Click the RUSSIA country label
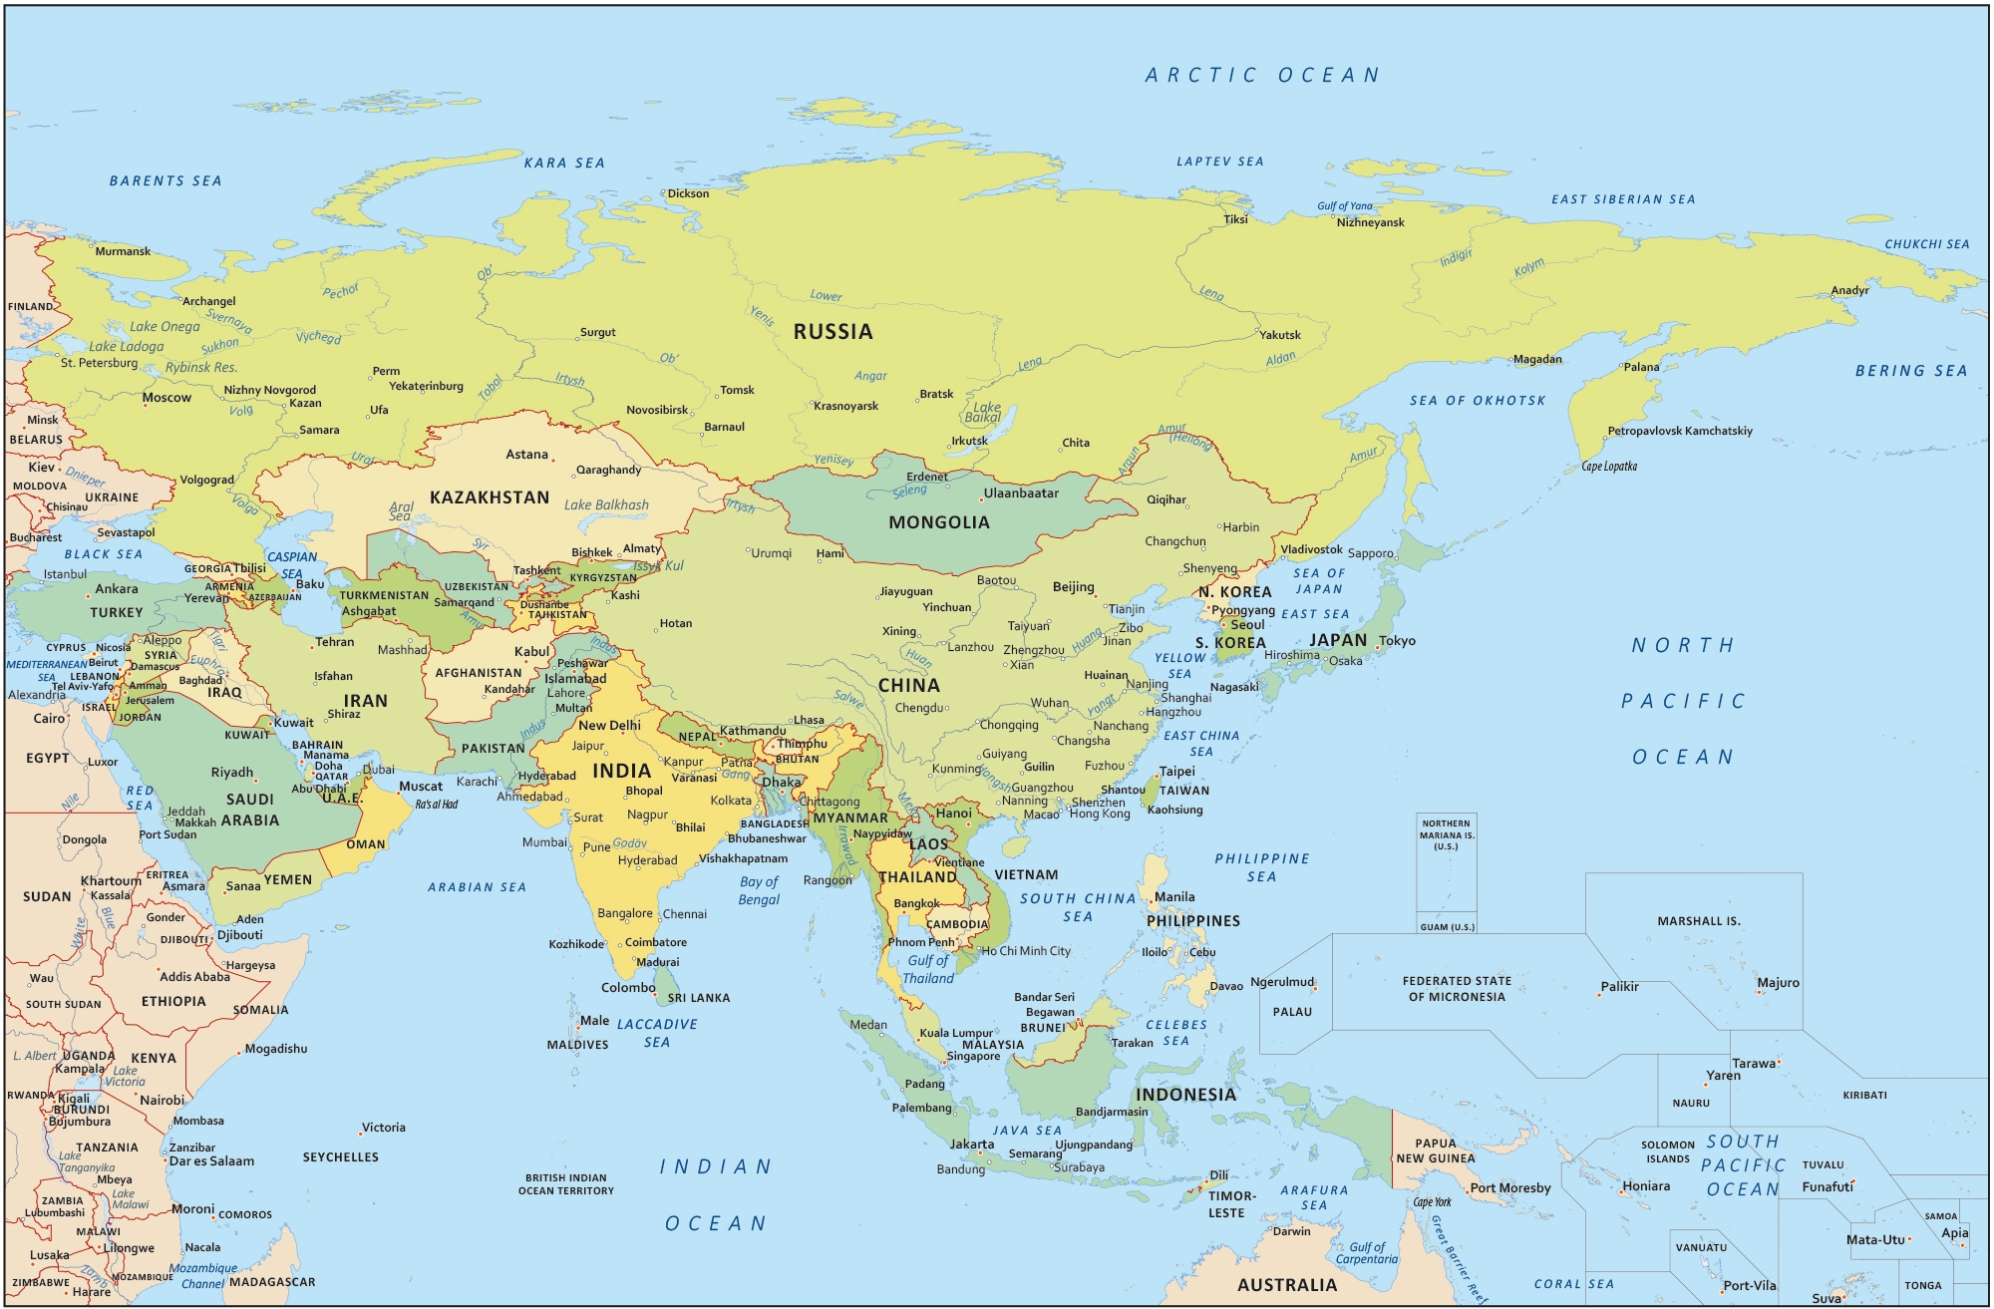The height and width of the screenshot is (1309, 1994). point(832,332)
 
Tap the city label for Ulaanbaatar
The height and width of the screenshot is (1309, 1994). point(1021,493)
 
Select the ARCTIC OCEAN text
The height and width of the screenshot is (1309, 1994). point(1262,76)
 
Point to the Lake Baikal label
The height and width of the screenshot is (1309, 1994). point(986,412)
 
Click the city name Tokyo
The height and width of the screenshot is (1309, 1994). point(1397,641)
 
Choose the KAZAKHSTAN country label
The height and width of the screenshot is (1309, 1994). point(490,497)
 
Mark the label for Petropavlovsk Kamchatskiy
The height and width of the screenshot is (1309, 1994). point(1679,431)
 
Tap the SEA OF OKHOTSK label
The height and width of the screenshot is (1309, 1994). point(1477,401)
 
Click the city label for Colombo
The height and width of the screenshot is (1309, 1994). point(628,988)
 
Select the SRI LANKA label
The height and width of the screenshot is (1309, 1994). point(699,998)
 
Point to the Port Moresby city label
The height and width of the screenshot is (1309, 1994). point(1510,1188)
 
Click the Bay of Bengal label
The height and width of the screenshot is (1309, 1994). point(759,890)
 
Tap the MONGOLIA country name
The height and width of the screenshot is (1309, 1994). point(939,522)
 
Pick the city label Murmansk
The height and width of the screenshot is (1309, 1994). point(123,251)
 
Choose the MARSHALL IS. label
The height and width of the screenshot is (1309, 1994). point(1699,921)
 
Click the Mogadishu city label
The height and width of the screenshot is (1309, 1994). point(276,1049)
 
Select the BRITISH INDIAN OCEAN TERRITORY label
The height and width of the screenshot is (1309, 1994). point(565,1184)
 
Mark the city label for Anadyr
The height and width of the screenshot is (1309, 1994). point(1849,291)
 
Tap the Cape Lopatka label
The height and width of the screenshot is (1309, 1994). point(1609,467)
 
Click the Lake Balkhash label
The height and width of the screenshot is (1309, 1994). point(606,505)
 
